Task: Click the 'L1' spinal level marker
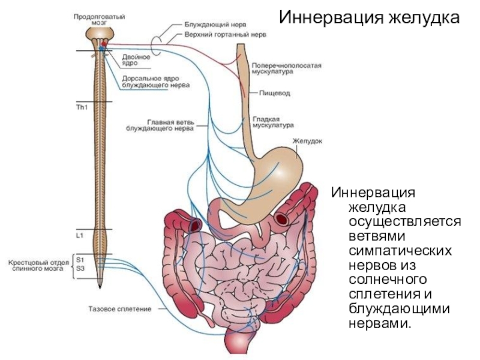[x=80, y=236]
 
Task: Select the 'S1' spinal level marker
[x=80, y=259]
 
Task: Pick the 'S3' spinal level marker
[x=80, y=268]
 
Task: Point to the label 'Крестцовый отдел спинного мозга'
[x=40, y=265]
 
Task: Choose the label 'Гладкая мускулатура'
[x=273, y=122]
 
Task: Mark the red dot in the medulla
[x=104, y=44]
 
